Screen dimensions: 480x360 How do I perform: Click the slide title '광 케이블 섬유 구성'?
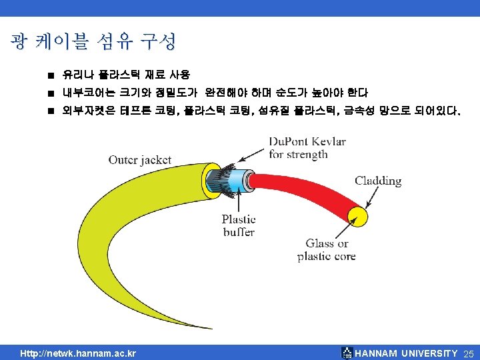pos(93,42)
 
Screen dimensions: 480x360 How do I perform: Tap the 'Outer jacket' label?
pos(140,160)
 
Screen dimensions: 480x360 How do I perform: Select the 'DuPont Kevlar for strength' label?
pos(307,148)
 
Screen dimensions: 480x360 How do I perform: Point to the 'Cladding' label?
pos(378,181)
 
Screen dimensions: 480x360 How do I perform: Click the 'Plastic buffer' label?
pos(239,225)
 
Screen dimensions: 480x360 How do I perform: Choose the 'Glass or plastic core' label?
pos(327,250)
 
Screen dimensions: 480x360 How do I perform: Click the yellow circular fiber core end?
pos(359,215)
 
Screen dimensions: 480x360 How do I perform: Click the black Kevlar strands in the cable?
pos(219,180)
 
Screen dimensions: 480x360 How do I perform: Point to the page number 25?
pos(467,353)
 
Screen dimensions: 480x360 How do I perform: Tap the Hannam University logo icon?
pos(346,353)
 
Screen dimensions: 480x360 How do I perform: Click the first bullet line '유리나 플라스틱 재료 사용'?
pos(125,75)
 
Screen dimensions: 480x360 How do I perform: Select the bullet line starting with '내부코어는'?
pos(213,93)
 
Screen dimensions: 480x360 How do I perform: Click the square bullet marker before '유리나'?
pos(50,75)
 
